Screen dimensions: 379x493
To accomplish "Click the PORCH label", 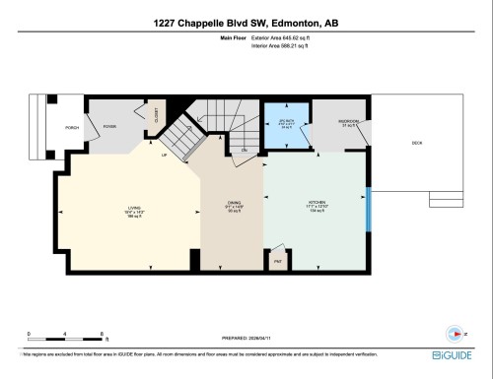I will tap(71, 129).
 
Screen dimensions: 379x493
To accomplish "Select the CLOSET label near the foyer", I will tap(156, 114).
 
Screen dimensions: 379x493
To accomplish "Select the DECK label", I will tap(416, 144).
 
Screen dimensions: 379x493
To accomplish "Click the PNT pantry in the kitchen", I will tap(278, 261).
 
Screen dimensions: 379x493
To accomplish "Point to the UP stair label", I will tap(163, 155).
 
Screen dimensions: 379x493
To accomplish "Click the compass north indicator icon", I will tap(456, 332).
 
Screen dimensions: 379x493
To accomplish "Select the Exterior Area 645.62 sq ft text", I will tap(282, 38).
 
